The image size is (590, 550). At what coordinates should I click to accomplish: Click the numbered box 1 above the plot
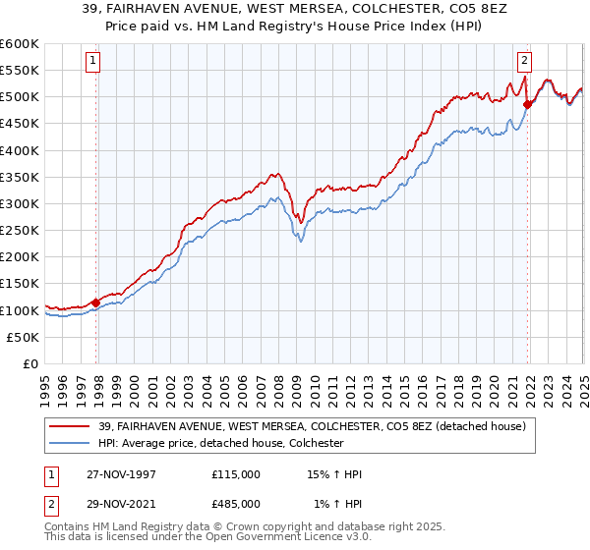coord(93,60)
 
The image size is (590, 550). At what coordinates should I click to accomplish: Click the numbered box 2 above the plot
coord(524,60)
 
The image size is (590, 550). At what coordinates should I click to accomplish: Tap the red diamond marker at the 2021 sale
coord(528,104)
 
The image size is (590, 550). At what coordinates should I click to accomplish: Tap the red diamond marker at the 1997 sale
coord(96,302)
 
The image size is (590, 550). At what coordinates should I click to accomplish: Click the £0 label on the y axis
coord(31,363)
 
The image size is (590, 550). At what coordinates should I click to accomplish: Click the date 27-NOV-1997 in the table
coord(121,474)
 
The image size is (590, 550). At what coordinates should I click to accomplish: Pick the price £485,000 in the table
coord(236,504)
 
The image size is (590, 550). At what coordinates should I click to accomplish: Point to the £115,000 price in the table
coord(236,474)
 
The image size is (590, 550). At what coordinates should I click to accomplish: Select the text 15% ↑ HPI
coord(334,474)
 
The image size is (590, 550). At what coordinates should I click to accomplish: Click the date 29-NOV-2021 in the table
coord(121,504)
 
